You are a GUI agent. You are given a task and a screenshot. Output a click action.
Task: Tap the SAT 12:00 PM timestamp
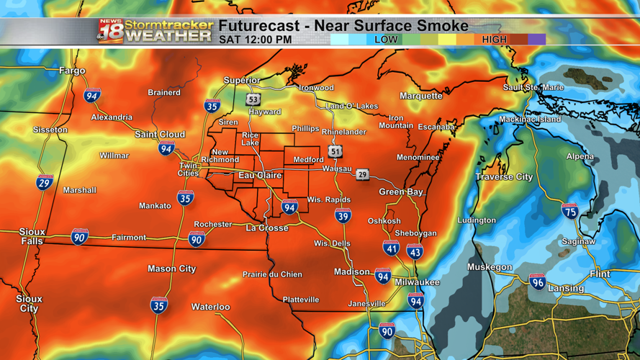click(255, 40)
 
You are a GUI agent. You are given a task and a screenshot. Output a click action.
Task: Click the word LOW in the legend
click(386, 40)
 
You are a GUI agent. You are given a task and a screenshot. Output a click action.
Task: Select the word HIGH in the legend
click(494, 40)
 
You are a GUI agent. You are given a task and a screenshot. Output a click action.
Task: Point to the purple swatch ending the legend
click(536, 40)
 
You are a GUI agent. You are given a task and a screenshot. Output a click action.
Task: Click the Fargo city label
click(72, 71)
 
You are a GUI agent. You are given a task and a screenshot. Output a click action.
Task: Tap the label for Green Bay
click(401, 192)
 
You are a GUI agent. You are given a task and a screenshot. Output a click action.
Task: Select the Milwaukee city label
click(417, 282)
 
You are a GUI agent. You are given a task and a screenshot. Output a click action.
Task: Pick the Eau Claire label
click(260, 175)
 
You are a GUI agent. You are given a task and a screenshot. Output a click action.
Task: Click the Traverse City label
click(504, 176)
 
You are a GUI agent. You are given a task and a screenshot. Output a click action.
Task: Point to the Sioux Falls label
click(32, 236)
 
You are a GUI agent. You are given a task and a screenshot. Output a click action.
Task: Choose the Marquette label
click(421, 96)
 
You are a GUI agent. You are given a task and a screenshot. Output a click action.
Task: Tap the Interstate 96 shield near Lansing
click(537, 282)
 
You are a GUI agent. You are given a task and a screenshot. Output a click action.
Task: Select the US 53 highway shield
click(252, 99)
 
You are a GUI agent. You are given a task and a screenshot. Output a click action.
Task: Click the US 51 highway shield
click(335, 151)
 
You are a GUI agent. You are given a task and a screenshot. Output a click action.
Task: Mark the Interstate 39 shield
click(343, 215)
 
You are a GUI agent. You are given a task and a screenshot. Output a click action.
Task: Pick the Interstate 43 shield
click(415, 252)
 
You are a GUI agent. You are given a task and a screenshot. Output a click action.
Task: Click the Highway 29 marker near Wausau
click(362, 174)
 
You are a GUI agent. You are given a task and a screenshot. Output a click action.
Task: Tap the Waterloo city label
click(210, 307)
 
